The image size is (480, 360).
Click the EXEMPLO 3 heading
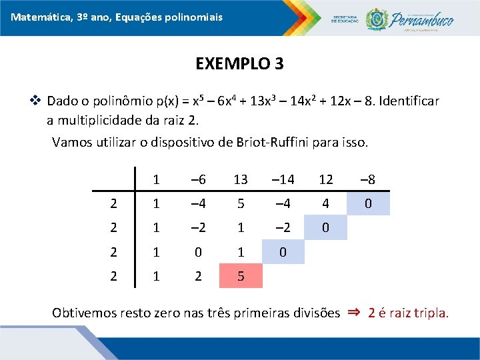239,64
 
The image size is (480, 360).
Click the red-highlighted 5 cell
241,275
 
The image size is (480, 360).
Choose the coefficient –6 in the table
198,179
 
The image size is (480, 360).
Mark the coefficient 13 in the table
241,179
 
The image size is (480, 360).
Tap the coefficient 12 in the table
325,179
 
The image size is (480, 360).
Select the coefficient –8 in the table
368,179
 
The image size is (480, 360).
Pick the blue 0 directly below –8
368,203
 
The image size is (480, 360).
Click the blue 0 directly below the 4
325,227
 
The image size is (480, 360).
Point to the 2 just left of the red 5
198,275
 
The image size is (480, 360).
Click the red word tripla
433,313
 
